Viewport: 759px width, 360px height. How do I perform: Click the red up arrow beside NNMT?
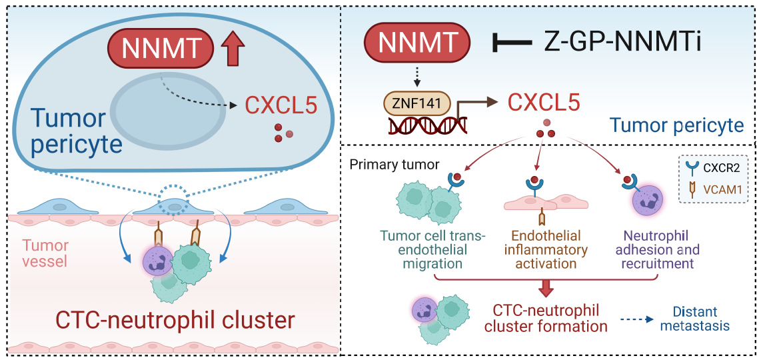click(233, 51)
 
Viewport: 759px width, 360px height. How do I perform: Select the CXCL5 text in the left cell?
click(280, 105)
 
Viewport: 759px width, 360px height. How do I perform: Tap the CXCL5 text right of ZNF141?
click(544, 103)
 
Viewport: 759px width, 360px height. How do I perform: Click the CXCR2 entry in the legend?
click(719, 168)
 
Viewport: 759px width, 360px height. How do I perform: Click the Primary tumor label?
click(404, 164)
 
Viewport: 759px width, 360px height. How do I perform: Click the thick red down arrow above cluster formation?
click(546, 286)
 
